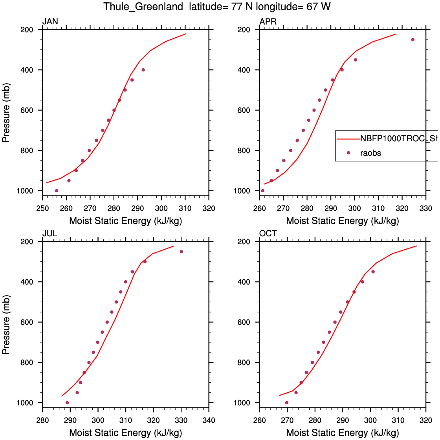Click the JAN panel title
tap(50, 22)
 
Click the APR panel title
tap(268, 22)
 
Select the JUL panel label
tap(50, 234)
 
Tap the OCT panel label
tap(268, 234)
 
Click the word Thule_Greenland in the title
tap(143, 7)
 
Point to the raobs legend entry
tap(370, 153)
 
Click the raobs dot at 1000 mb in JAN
tap(57, 191)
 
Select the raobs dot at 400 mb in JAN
tap(143, 70)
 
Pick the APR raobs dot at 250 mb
tap(413, 40)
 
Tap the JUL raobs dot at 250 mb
tap(181, 252)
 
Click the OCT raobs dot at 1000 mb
tap(287, 403)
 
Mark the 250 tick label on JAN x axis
tap(42, 208)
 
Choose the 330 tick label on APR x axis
tap(426, 208)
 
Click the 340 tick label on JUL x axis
tap(209, 420)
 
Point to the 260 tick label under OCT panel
tap(259, 420)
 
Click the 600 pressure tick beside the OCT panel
tap(244, 322)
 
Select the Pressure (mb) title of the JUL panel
tap(6, 324)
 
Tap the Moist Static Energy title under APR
tap(343, 221)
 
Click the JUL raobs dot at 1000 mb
tap(67, 403)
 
